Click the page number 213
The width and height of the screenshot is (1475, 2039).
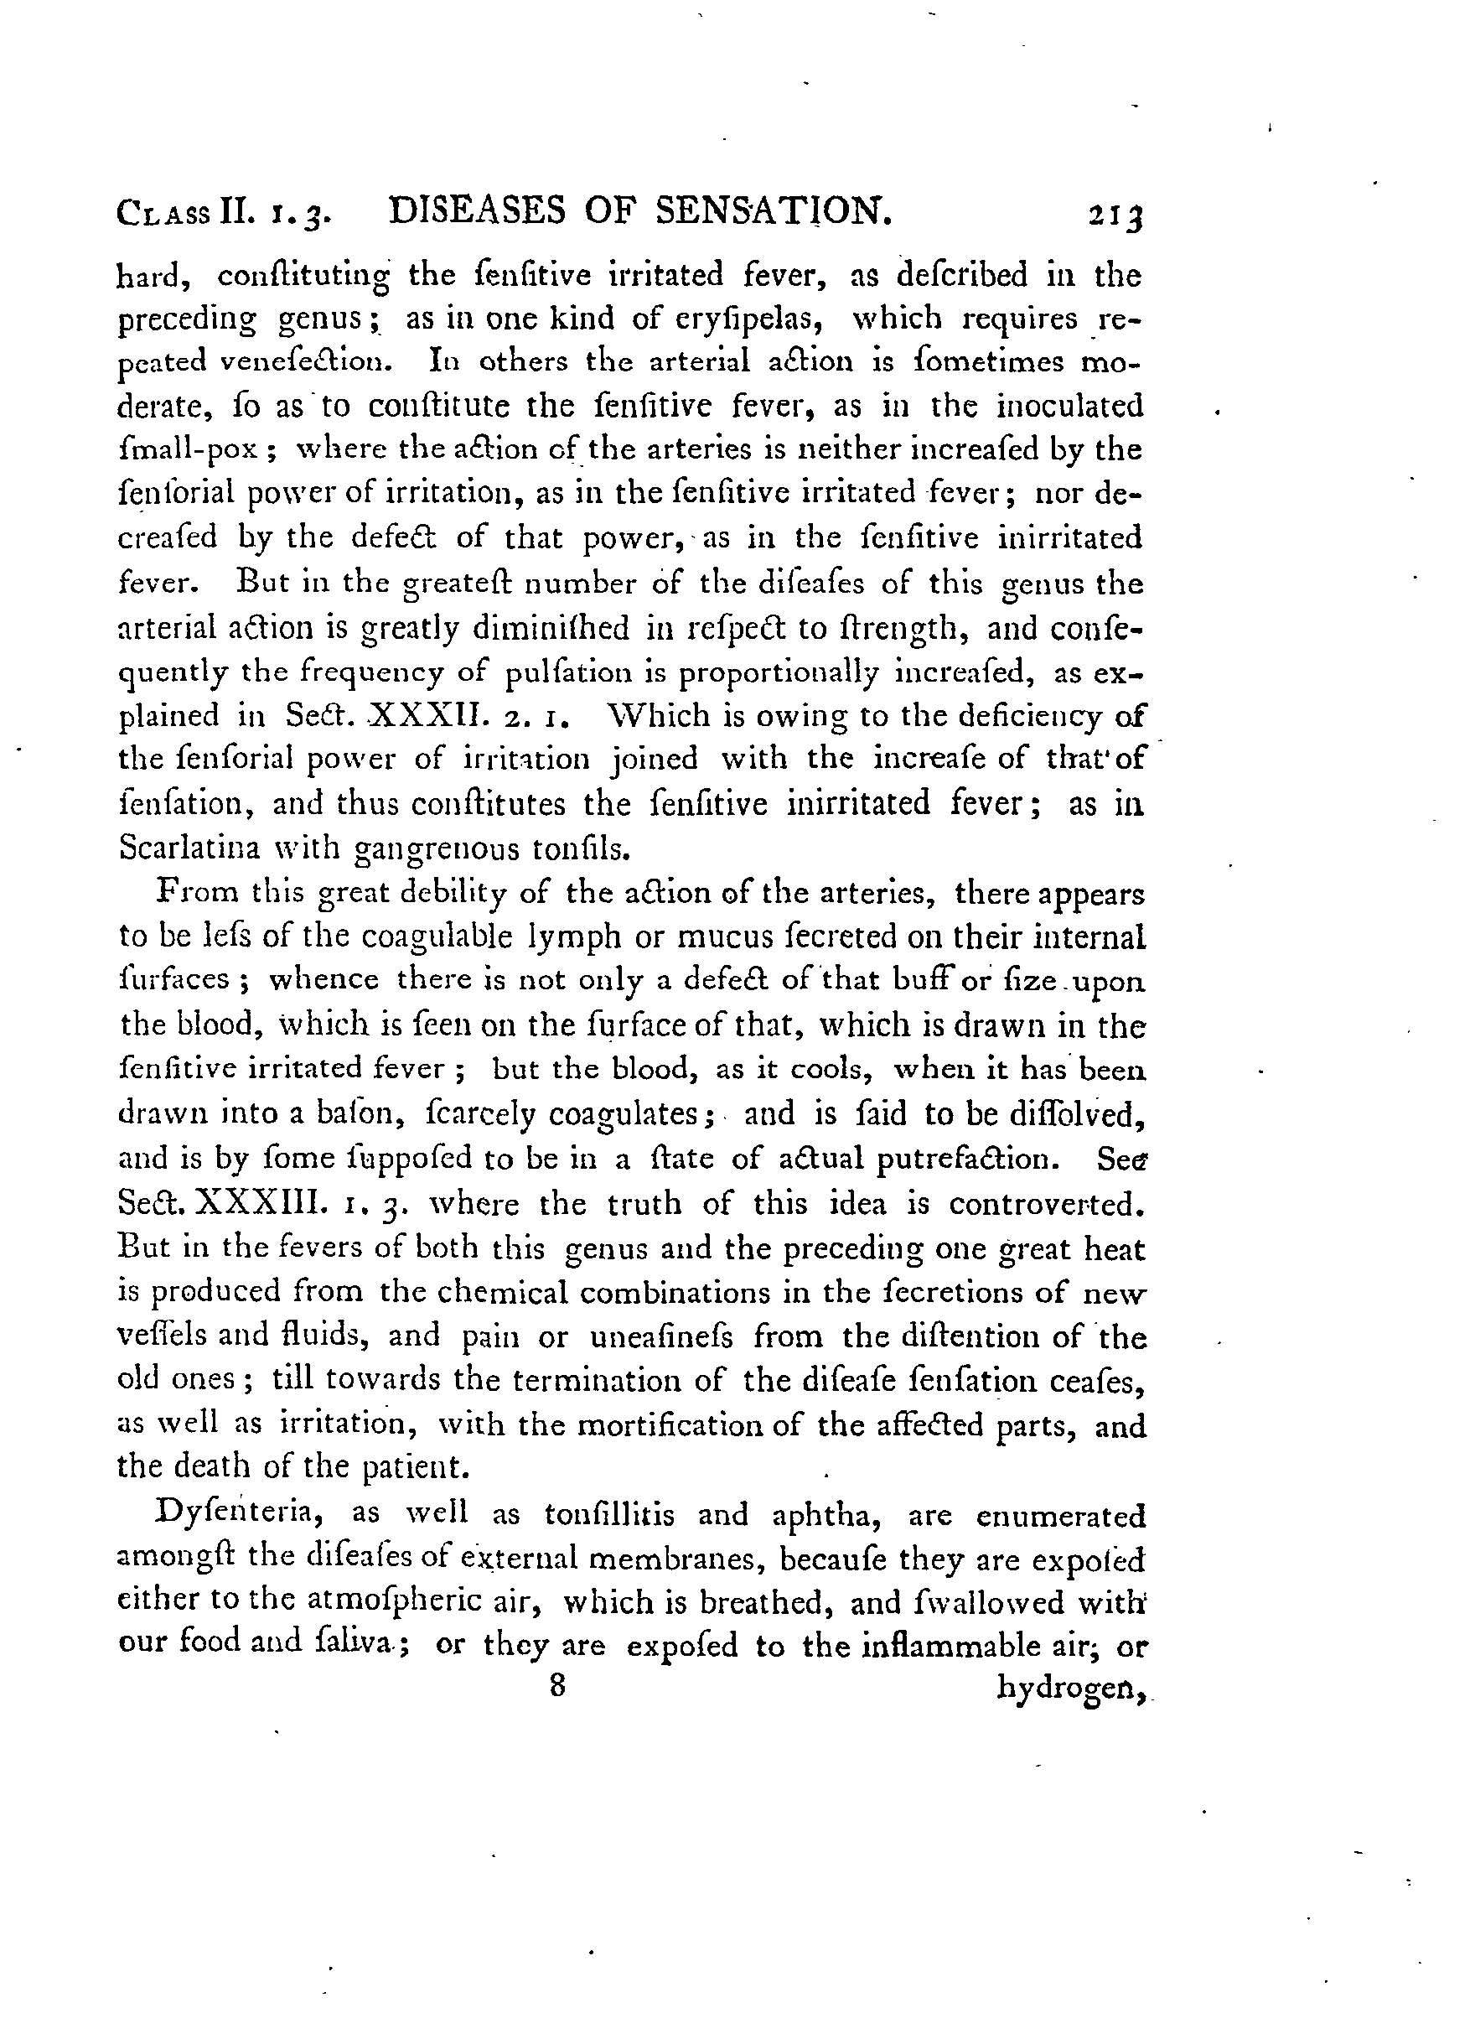click(1115, 216)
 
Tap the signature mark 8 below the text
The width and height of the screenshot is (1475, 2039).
click(557, 1685)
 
